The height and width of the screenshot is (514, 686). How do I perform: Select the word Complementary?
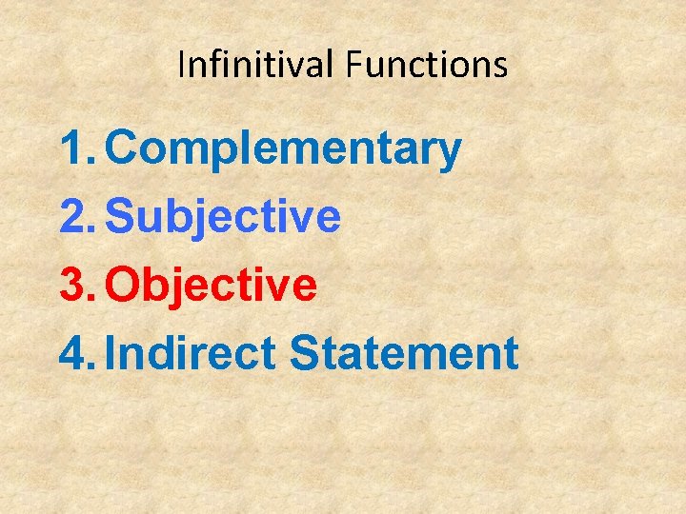[x=284, y=150]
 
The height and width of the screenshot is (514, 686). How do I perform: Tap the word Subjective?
[x=223, y=217]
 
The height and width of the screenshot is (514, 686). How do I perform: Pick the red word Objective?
[x=212, y=285]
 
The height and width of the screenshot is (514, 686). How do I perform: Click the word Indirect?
[x=191, y=353]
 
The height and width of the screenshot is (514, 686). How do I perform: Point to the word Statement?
[x=404, y=353]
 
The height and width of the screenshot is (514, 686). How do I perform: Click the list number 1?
[x=74, y=149]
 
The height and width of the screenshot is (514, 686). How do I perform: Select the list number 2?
[x=74, y=217]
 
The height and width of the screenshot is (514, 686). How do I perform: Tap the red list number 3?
[x=74, y=285]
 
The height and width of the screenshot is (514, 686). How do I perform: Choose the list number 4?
[x=74, y=353]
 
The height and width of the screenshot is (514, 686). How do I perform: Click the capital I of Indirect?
[x=112, y=353]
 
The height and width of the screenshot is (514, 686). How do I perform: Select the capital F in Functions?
[x=353, y=65]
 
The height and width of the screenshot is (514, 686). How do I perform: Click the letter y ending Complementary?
[x=451, y=155]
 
